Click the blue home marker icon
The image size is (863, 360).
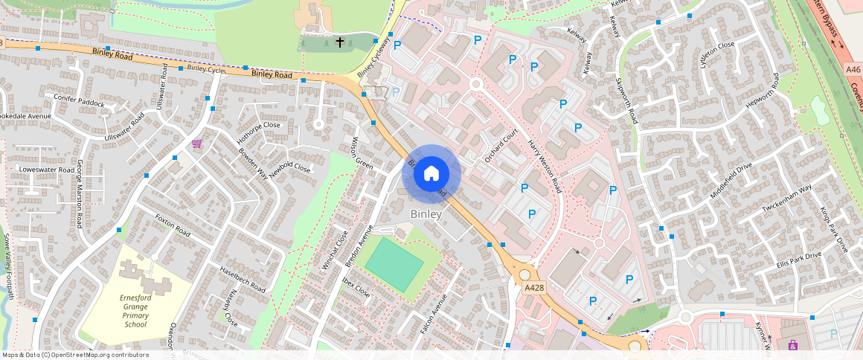(431, 174)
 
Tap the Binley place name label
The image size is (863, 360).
(426, 214)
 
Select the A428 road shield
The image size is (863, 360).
(532, 287)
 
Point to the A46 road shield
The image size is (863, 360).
(853, 69)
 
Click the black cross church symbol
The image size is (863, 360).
(340, 42)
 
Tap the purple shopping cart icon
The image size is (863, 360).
(197, 144)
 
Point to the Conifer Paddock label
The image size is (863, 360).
(79, 100)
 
